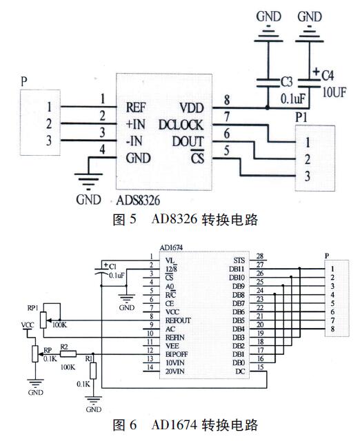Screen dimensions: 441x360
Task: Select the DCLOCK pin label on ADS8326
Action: [x=180, y=125]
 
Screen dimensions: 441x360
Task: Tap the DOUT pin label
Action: [x=186, y=141]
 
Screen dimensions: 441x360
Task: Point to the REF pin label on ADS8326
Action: [x=137, y=107]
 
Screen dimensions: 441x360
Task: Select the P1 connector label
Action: [x=301, y=117]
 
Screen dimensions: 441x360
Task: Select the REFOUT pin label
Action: [x=177, y=320]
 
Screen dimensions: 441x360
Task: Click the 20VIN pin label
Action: [x=175, y=373]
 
